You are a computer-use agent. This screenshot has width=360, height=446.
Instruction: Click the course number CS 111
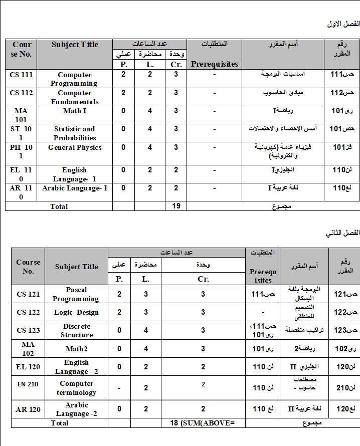pyautogui.click(x=21, y=75)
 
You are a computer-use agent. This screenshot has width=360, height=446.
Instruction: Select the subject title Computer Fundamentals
pyautogui.click(x=74, y=97)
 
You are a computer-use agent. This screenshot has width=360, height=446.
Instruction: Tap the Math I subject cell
pyautogui.click(x=74, y=111)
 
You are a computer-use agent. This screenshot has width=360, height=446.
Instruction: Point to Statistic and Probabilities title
pyautogui.click(x=74, y=133)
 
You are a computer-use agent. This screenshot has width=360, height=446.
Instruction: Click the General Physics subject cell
pyautogui.click(x=74, y=147)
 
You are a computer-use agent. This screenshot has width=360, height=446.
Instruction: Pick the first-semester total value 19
pyautogui.click(x=176, y=206)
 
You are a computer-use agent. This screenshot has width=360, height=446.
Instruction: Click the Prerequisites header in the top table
pyautogui.click(x=214, y=64)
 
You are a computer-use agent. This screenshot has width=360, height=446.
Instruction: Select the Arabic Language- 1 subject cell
pyautogui.click(x=74, y=188)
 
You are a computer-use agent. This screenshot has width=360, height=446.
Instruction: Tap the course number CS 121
pyautogui.click(x=28, y=294)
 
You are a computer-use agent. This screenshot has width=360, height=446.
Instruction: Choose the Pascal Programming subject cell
pyautogui.click(x=76, y=294)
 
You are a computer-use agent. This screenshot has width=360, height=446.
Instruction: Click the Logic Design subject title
pyautogui.click(x=76, y=312)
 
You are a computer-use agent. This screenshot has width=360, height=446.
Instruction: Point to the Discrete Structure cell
pyautogui.click(x=76, y=330)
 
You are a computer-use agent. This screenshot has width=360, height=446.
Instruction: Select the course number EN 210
pyautogui.click(x=28, y=388)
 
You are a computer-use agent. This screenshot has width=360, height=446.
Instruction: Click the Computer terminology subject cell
pyautogui.click(x=76, y=388)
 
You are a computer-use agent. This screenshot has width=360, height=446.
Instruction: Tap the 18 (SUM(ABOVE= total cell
pyautogui.click(x=203, y=423)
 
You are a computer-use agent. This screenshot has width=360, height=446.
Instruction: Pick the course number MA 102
pyautogui.click(x=28, y=349)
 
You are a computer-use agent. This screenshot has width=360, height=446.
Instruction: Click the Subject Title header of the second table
pyautogui.click(x=76, y=267)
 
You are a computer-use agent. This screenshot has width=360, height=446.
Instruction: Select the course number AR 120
pyautogui.click(x=28, y=409)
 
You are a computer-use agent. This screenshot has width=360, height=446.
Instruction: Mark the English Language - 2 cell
pyautogui.click(x=76, y=367)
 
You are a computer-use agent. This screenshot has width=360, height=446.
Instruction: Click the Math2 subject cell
pyautogui.click(x=76, y=349)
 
